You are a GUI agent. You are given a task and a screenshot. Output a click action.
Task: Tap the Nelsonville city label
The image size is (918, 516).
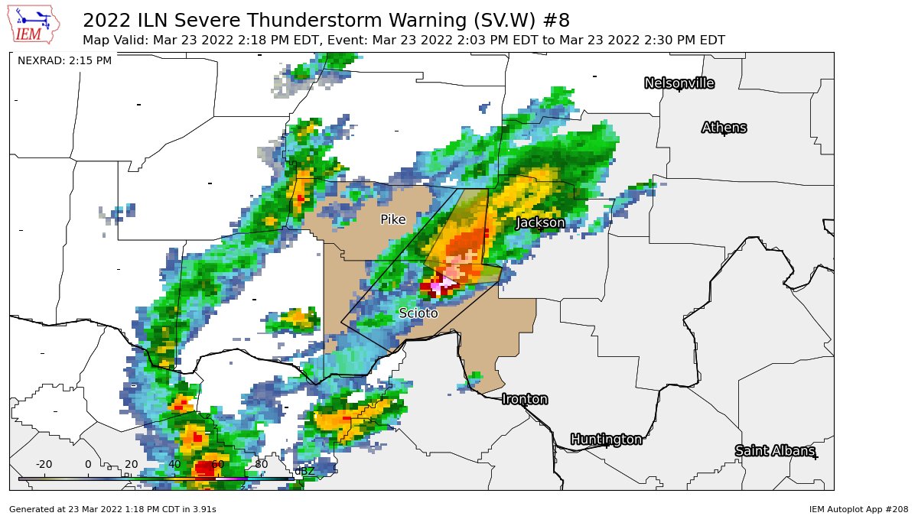679,83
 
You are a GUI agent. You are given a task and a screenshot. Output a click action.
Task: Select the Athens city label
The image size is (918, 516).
724,128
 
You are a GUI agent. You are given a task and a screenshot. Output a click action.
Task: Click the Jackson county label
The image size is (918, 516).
540,222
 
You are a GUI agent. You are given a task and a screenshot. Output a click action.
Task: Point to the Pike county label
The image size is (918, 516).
392,220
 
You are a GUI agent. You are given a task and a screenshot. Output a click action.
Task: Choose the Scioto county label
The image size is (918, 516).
418,313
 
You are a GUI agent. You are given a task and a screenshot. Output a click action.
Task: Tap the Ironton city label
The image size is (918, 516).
524,399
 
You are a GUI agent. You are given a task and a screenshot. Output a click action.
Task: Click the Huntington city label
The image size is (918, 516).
606,440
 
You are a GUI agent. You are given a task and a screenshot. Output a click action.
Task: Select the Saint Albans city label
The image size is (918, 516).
774,451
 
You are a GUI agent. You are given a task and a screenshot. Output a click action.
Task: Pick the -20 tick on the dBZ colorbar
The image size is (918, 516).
44,464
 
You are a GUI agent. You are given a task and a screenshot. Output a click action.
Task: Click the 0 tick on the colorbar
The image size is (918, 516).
87,464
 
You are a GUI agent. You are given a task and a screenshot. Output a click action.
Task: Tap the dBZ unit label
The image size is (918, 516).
304,471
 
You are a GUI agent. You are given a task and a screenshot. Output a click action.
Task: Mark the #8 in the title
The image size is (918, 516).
556,20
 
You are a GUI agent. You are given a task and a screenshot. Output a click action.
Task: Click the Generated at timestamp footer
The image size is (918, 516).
112,508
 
